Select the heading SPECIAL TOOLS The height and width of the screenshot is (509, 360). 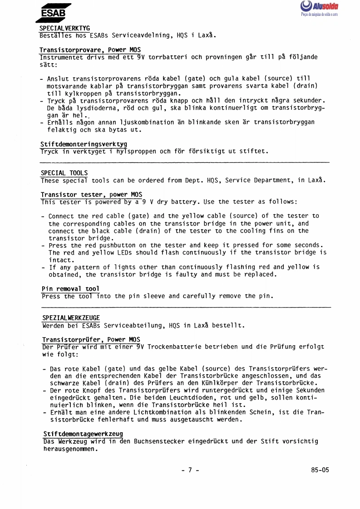tap(64, 173)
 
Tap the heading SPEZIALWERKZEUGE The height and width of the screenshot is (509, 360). tap(71, 318)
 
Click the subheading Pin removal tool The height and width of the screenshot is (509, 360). tap(70, 289)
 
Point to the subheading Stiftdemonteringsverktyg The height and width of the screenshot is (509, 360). tap(84, 144)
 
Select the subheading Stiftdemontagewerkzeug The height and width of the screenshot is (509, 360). tap(83, 433)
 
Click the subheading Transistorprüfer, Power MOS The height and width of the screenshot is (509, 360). tap(91, 339)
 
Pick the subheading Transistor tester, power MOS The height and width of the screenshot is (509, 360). tap(91, 194)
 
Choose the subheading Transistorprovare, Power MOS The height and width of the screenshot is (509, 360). tap(90, 50)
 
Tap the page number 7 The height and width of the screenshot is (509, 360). tap(190, 470)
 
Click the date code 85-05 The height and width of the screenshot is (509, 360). tap(320, 470)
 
